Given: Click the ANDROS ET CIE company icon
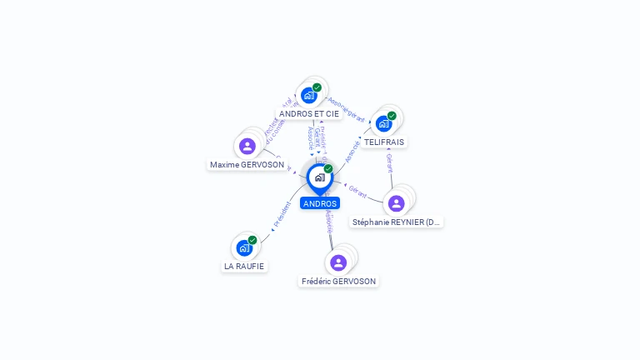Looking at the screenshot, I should click(x=309, y=95).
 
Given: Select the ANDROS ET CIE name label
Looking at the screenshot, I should click(x=309, y=113).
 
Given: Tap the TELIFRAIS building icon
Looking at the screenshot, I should click(x=383, y=123).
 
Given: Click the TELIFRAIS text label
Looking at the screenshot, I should click(x=384, y=142).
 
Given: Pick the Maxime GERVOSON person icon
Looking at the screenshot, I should click(x=247, y=147).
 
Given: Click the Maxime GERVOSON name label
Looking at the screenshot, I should click(x=247, y=165).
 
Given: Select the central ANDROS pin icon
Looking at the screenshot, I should click(x=319, y=177).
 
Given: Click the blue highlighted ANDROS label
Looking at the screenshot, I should click(x=320, y=203).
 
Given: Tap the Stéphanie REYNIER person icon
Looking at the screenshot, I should click(x=397, y=202).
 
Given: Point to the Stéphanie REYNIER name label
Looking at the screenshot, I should click(x=397, y=222).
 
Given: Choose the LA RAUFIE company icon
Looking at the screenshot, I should click(x=244, y=247).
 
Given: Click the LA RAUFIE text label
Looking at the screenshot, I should click(x=244, y=267).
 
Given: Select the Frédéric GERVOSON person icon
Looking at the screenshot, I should click(x=337, y=262).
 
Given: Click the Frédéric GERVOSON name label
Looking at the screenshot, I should click(x=338, y=282).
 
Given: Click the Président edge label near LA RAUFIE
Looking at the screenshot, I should click(x=282, y=215).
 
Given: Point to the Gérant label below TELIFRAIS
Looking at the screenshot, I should click(x=389, y=163).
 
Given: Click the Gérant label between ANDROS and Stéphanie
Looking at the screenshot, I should click(x=358, y=191).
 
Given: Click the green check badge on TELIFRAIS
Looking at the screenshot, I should click(x=392, y=116).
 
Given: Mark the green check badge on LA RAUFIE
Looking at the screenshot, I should click(x=252, y=240).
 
